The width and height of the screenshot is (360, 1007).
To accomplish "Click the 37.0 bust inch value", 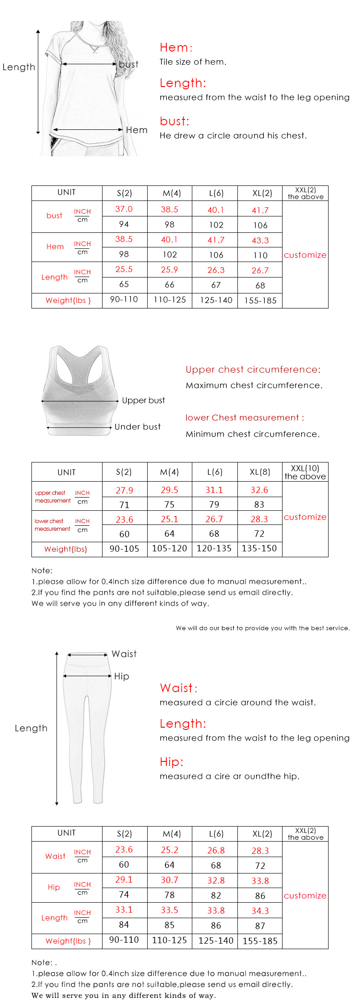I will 124,209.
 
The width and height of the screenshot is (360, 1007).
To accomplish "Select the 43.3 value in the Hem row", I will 260,240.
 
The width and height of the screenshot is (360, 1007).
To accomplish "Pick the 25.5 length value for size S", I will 124,269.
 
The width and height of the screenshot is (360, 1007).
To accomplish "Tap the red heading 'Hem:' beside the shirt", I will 176,47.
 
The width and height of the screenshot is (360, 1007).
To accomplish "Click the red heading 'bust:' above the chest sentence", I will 174,121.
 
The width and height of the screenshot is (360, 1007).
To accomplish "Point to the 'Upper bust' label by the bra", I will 143,401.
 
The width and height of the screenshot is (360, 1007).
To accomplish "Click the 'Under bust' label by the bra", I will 138,427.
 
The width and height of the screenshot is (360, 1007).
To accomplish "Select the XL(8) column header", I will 260,472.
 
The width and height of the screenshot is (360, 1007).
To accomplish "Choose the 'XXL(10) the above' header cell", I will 305,472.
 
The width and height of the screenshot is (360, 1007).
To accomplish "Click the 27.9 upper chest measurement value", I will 124,490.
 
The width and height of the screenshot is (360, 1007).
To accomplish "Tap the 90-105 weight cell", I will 124,549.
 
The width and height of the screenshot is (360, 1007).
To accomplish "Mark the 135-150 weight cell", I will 259,549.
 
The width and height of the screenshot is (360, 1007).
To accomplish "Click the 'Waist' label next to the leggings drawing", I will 124,654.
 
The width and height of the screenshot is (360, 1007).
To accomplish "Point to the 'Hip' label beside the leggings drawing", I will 122,676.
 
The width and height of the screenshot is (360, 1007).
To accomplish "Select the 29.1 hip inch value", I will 124,880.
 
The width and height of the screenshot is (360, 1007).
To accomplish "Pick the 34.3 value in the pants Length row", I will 260,911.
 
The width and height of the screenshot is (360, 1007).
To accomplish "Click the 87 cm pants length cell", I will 260,926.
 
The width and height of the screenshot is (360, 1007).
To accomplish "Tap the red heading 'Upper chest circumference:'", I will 253,370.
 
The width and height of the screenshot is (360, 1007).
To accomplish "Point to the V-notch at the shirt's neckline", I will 95,50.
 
